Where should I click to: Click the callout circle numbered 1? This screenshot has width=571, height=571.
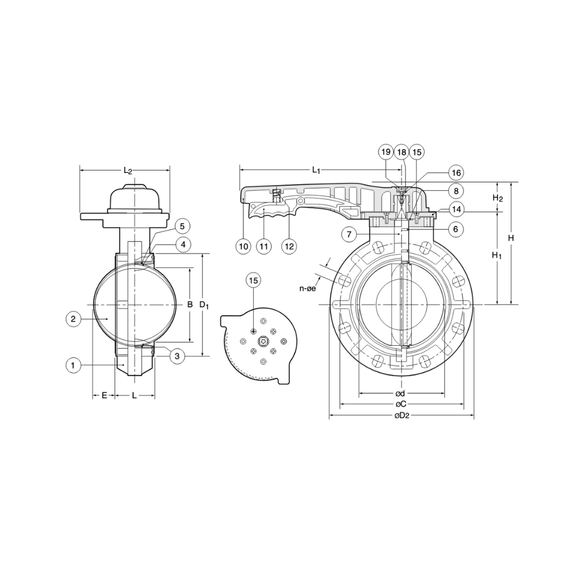tap(73, 365)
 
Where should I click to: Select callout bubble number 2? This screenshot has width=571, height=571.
tap(73, 319)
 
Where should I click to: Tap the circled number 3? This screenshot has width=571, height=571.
tap(177, 356)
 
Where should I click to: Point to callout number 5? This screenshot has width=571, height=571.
tap(182, 227)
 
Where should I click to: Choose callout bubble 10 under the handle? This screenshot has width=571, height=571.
tap(243, 246)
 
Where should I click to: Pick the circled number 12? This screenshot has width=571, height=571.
tap(289, 246)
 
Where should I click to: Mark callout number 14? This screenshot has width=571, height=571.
tap(456, 209)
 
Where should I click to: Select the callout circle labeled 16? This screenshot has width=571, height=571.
tap(456, 173)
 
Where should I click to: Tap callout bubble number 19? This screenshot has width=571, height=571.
tap(386, 152)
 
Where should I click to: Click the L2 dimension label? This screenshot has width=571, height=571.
tap(127, 170)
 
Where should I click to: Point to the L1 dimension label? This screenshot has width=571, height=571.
tap(316, 170)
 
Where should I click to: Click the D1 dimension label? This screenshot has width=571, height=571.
tap(204, 305)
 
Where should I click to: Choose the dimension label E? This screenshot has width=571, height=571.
tap(104, 395)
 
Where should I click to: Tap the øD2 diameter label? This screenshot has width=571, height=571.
tap(402, 416)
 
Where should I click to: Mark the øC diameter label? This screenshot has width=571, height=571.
tap(401, 404)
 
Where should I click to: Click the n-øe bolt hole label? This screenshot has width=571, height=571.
tap(307, 288)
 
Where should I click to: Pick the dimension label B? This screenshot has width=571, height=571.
tap(189, 305)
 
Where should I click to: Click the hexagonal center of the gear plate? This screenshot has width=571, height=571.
tap(263, 343)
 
